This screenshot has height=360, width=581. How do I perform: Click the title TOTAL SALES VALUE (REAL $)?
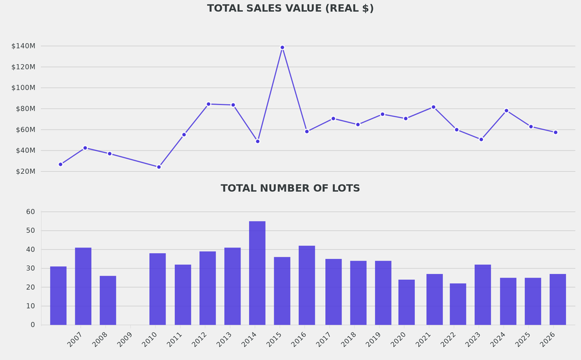[x=290, y=9]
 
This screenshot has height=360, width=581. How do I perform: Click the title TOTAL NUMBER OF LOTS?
[x=290, y=189]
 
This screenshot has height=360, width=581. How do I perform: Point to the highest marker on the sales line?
[x=282, y=48]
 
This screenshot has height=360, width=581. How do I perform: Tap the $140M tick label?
[x=23, y=46]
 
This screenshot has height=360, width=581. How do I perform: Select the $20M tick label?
[x=23, y=171]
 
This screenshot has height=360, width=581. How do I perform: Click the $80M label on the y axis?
[x=23, y=108]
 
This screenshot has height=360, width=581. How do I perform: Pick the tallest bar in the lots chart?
[x=257, y=273]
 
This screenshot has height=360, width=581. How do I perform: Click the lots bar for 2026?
[x=558, y=299]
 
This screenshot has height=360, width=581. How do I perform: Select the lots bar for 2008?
[x=108, y=300]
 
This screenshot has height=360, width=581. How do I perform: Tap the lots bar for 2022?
[x=458, y=304]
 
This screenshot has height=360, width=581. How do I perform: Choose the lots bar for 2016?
[x=307, y=285]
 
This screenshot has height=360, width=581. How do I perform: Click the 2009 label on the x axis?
[x=125, y=340]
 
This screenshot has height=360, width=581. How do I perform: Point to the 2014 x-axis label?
[x=249, y=340]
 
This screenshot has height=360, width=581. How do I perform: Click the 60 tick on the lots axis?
[x=30, y=212]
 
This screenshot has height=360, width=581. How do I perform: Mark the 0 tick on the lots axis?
[x=32, y=325]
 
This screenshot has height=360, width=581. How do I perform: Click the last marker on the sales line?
[x=555, y=132]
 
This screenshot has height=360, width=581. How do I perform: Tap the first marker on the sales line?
[x=61, y=164]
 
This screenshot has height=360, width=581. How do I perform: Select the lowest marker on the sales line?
[x=159, y=167]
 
